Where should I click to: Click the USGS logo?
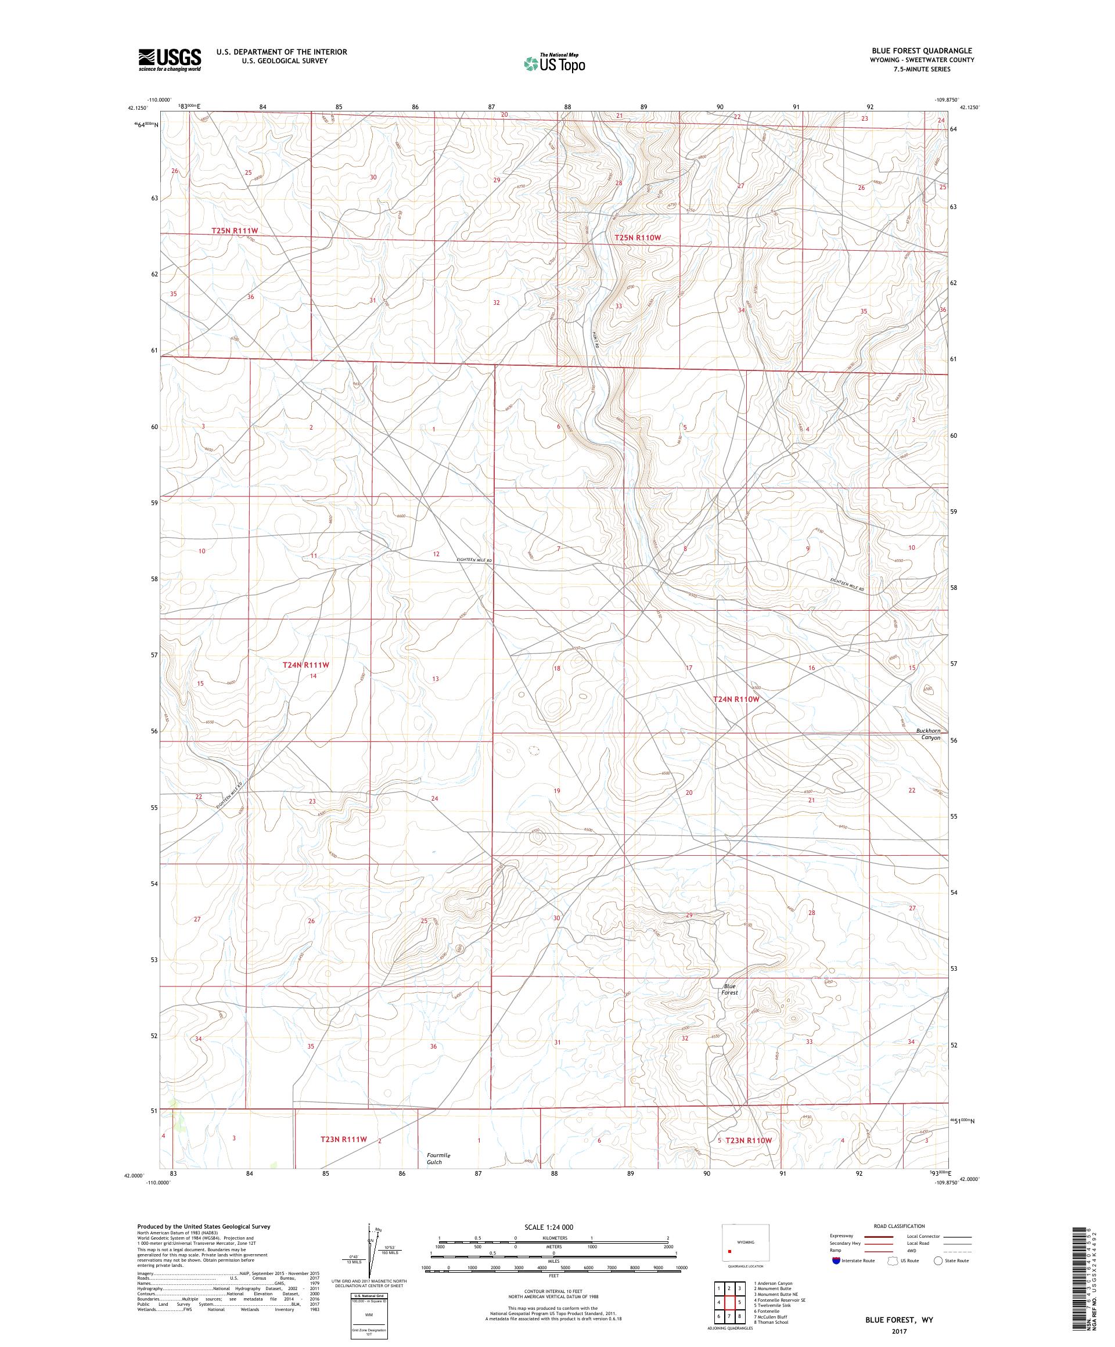170,60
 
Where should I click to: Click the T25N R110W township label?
637,237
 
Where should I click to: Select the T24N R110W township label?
736,698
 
